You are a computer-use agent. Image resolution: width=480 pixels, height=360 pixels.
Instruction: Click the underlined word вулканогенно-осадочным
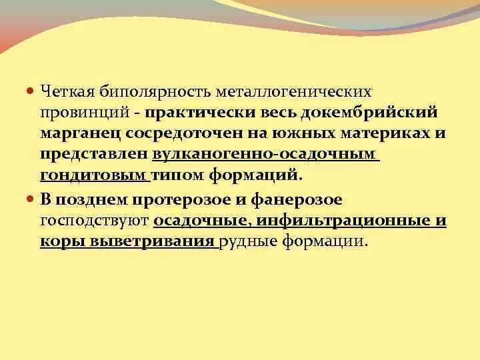click(x=265, y=155)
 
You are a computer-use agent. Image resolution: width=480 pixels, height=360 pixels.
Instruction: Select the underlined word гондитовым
click(x=93, y=176)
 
